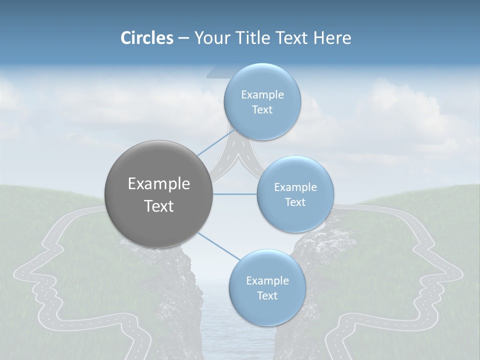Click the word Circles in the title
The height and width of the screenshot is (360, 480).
[x=146, y=38]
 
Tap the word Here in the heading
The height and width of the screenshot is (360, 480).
[x=332, y=38]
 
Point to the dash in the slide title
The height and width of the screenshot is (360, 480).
[x=183, y=38]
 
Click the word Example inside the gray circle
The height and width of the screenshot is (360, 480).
[x=159, y=184]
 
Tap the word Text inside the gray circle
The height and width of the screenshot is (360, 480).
[x=159, y=206]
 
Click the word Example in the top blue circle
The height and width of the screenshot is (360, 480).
[x=262, y=95]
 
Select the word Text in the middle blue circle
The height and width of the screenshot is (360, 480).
[x=295, y=202]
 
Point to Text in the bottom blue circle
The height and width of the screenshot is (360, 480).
[x=267, y=295]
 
